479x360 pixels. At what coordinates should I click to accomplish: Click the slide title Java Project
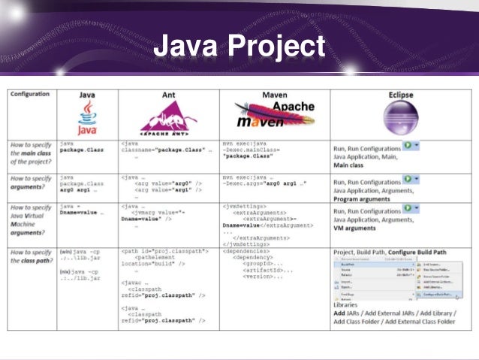click(x=239, y=47)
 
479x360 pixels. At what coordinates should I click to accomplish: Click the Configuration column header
click(x=31, y=95)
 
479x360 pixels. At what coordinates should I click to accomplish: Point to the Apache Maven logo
click(x=275, y=116)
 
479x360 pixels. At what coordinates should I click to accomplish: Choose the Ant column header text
click(x=169, y=95)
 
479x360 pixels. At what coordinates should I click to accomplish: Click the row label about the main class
click(x=31, y=153)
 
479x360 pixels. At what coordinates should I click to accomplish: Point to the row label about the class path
click(x=31, y=257)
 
